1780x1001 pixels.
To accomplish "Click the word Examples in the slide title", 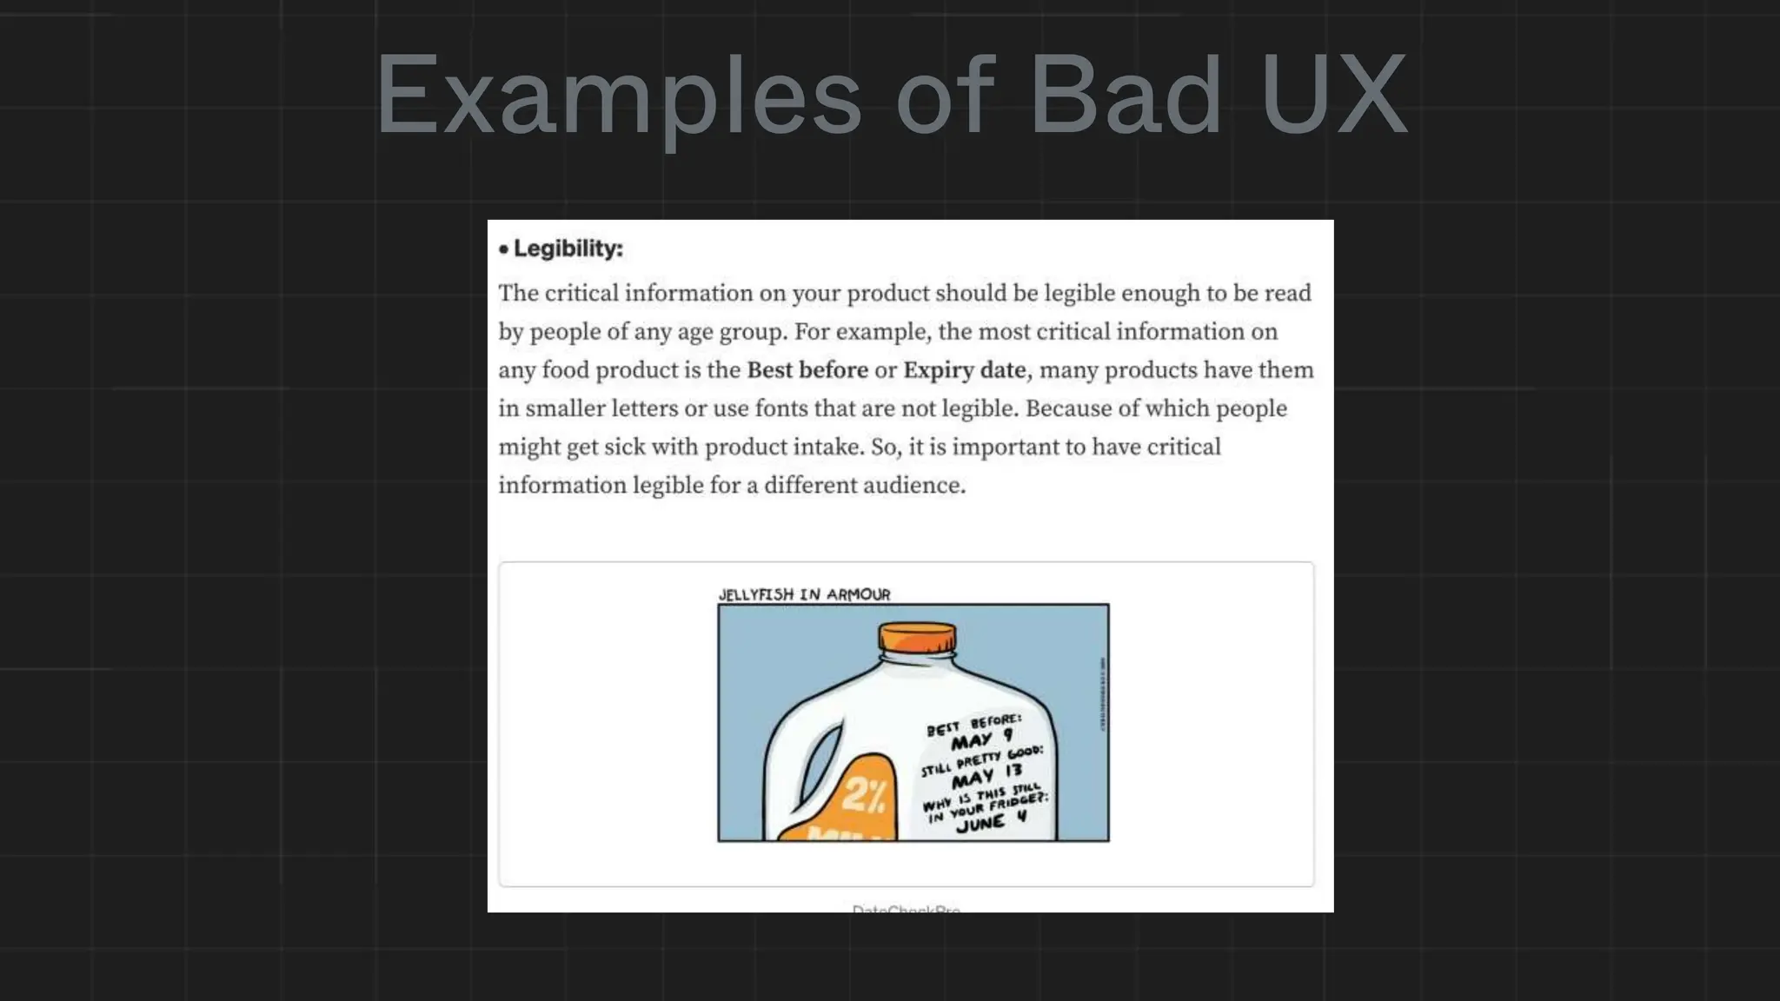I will click(618, 96).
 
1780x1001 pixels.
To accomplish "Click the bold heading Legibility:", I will click(568, 249).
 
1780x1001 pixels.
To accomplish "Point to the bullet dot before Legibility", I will click(503, 249).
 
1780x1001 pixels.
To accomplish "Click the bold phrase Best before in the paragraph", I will click(807, 370).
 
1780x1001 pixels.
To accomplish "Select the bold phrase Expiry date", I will click(965, 370).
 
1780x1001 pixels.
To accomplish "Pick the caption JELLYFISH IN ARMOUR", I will click(804, 594).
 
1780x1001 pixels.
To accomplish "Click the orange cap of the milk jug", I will click(917, 638).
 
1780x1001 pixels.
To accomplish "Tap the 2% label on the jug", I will click(862, 794).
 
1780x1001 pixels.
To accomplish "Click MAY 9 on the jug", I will click(981, 740).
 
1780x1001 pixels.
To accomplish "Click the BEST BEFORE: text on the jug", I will click(973, 724).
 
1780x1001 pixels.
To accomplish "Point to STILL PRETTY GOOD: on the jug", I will click(982, 759).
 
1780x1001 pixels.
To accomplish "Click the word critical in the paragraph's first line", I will click(581, 294).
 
